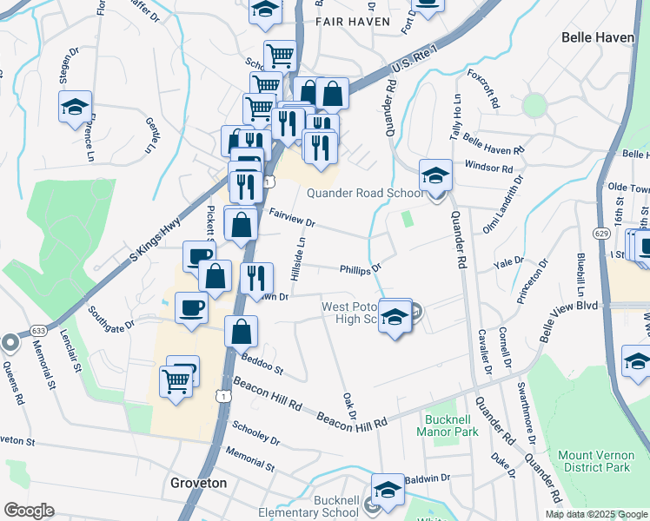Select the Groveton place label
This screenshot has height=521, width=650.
pyautogui.click(x=199, y=483)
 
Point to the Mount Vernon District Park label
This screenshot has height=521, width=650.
pyautogui.click(x=594, y=461)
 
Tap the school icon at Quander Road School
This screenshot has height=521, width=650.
pyautogui.click(x=435, y=176)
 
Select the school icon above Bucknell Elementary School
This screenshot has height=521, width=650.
pyautogui.click(x=388, y=489)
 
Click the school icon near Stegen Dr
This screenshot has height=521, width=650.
pyautogui.click(x=76, y=107)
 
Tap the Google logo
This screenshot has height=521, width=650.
pyautogui.click(x=28, y=510)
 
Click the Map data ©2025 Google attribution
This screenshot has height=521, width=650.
pyautogui.click(x=596, y=513)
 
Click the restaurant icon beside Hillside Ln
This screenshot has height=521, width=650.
pyautogui.click(x=256, y=279)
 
